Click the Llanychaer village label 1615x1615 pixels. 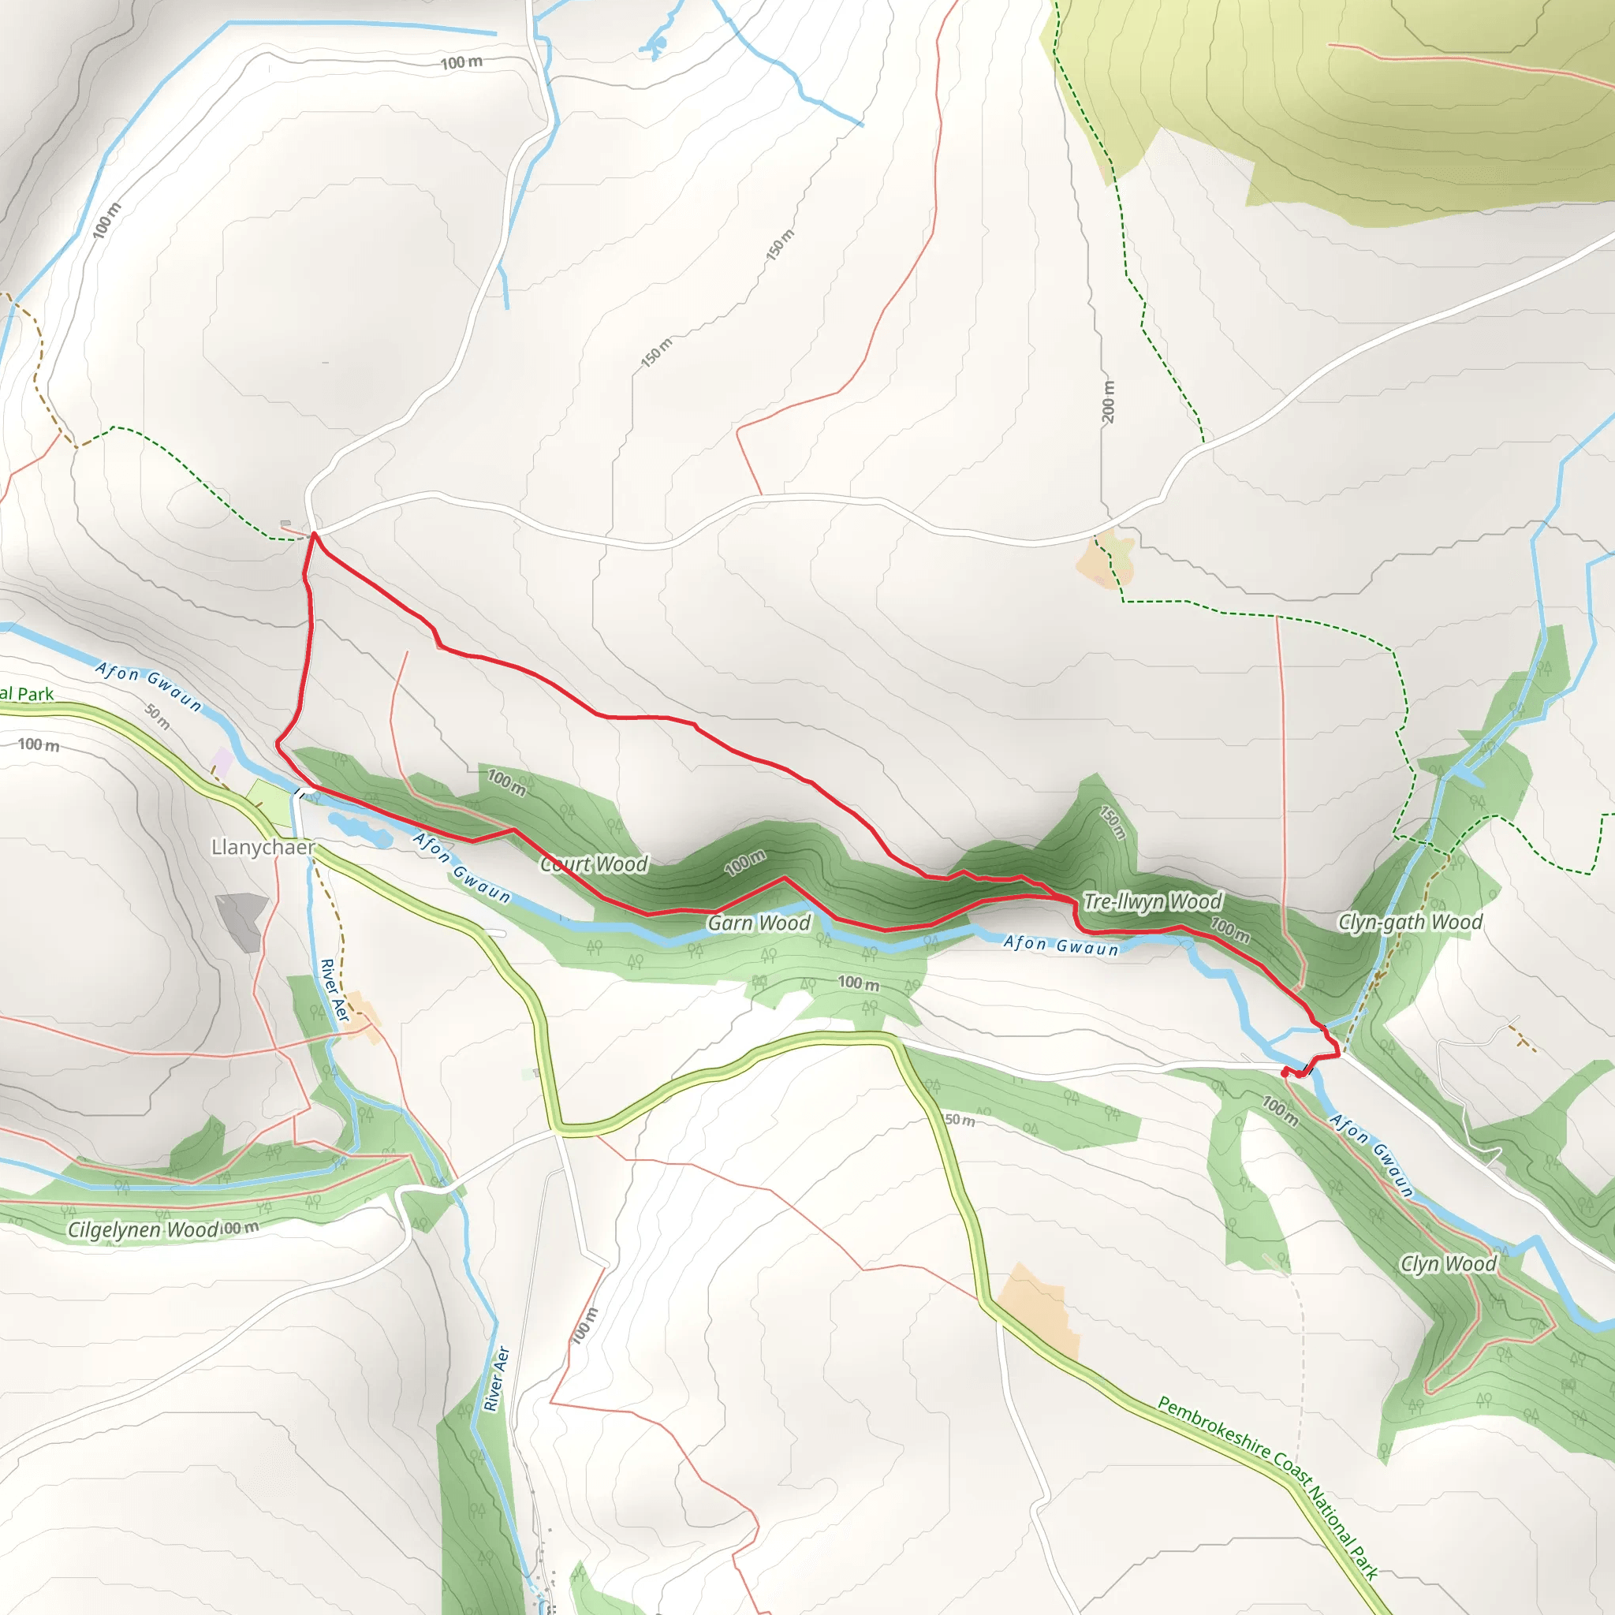click(263, 848)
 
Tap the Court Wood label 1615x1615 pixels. click(595, 863)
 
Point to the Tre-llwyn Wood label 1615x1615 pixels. click(1153, 901)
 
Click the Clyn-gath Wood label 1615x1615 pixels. click(1410, 922)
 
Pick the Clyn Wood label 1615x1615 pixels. click(1449, 1264)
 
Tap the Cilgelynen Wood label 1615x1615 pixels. click(143, 1229)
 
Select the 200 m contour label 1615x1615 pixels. click(1108, 401)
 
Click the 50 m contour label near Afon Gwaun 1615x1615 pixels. click(157, 716)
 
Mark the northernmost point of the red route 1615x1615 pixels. click(314, 533)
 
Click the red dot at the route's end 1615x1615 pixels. click(1285, 1071)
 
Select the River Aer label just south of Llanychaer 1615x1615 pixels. click(334, 990)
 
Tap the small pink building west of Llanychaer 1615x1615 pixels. click(222, 761)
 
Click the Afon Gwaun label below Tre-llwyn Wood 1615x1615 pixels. click(1061, 946)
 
